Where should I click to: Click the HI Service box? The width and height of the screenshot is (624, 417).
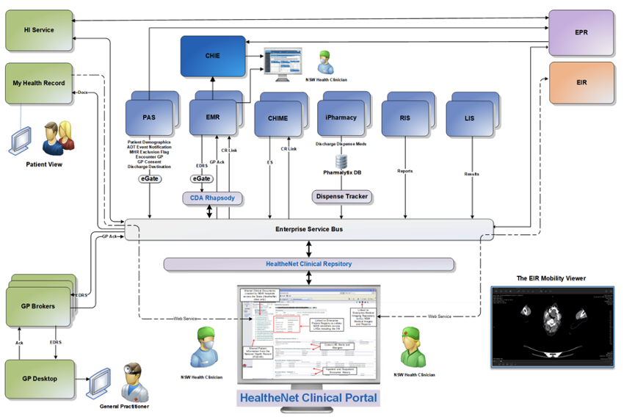click(38, 30)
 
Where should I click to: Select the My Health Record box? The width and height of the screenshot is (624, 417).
click(38, 83)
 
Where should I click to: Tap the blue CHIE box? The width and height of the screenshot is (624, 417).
click(212, 56)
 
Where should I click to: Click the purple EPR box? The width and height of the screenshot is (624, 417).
click(581, 33)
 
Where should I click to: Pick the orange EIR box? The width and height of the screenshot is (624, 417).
click(581, 83)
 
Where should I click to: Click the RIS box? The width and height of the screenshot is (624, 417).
click(404, 117)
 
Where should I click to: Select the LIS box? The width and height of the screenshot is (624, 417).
click(470, 117)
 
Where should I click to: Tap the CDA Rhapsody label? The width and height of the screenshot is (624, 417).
click(212, 198)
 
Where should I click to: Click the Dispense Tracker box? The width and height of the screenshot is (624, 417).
click(341, 197)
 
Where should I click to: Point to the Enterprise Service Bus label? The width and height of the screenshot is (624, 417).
click(308, 229)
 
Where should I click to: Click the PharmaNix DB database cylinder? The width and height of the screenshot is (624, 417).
click(341, 161)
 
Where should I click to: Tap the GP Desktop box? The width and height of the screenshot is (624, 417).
click(38, 380)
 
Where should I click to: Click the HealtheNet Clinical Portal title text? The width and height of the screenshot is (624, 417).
click(308, 399)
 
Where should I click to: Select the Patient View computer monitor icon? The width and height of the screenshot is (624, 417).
click(20, 138)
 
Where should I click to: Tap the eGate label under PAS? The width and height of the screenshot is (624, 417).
click(150, 178)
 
